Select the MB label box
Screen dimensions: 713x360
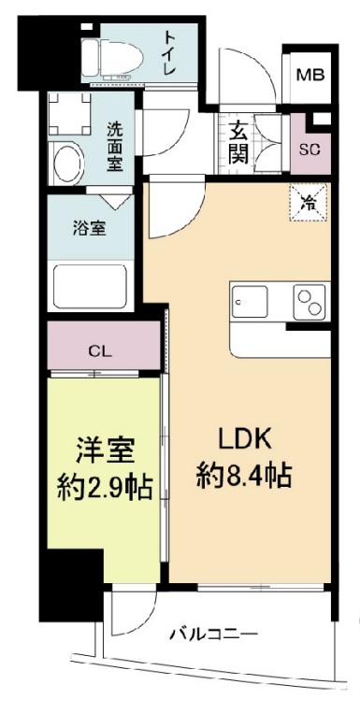pyautogui.click(x=310, y=74)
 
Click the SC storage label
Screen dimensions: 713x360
pyautogui.click(x=310, y=150)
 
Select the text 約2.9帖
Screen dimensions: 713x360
pyautogui.click(x=104, y=486)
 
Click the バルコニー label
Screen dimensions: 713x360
pyautogui.click(x=214, y=635)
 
